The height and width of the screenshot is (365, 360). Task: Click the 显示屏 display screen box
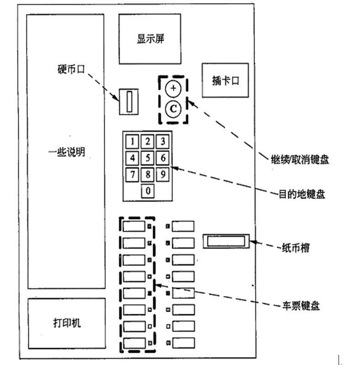point(150,39)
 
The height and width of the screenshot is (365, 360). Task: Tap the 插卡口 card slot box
point(225,80)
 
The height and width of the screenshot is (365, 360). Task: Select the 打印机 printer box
point(66,323)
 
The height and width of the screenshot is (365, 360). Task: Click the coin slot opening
point(129,101)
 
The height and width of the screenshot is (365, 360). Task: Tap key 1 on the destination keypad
point(132,141)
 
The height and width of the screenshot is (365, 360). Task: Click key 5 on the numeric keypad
point(148,158)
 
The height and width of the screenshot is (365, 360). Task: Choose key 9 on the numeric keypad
point(163,174)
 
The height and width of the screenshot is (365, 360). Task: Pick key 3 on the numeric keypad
point(163,141)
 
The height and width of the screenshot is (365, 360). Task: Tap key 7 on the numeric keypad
point(132,174)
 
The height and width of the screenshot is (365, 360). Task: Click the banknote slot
point(227,241)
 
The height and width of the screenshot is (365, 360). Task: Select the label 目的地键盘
point(302,193)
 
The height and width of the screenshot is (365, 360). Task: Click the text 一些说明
point(66,152)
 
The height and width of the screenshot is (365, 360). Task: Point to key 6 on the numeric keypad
point(163,158)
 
